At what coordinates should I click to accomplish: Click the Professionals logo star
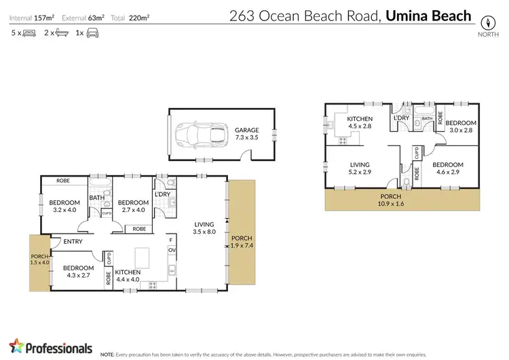click(x=15, y=347)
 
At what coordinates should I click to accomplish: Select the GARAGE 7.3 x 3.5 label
click(x=247, y=133)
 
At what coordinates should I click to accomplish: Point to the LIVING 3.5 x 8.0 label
click(x=204, y=228)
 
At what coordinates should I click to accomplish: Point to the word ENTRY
click(x=73, y=241)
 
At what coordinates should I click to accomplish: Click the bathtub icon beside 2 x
click(x=61, y=33)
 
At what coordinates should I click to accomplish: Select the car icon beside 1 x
click(x=92, y=33)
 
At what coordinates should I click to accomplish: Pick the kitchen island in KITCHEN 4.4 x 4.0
click(x=143, y=258)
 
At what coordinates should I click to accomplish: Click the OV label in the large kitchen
click(x=171, y=250)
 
